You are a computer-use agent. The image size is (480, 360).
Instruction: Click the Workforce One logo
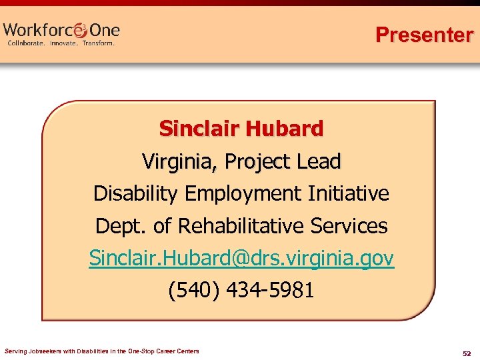coord(61,30)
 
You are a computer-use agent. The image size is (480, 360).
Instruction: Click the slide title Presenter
coord(424,35)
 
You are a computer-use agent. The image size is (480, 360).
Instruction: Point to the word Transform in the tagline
coord(99,43)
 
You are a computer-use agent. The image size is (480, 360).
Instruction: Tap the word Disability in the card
coord(136,193)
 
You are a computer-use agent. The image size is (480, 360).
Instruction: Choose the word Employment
coord(243,194)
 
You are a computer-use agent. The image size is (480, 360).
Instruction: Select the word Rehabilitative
coord(249,226)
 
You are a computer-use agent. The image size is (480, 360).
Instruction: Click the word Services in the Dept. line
coord(353,226)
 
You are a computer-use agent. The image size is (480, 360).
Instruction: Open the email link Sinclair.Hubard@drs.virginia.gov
coord(241,258)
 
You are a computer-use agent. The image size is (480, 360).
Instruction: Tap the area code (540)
coord(194,291)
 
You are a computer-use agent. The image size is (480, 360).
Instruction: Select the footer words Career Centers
coord(179,351)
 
